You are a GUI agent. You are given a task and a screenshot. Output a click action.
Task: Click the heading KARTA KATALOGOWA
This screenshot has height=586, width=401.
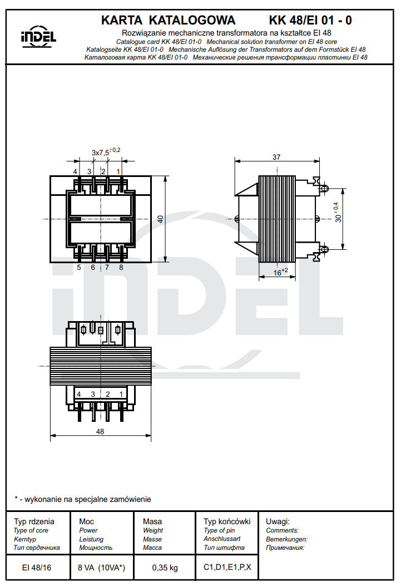point(168,21)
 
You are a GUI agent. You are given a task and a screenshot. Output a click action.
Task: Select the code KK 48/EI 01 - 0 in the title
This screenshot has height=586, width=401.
point(310,21)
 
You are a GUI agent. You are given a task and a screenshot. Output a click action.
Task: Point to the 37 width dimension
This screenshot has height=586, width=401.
point(276,157)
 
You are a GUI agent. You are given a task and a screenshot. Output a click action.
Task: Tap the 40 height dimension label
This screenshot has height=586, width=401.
point(161,219)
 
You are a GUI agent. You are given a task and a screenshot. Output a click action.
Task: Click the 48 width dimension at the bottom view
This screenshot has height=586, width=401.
point(100,431)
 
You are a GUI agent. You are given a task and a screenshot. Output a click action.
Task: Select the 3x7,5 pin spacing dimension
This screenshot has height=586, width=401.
point(105,151)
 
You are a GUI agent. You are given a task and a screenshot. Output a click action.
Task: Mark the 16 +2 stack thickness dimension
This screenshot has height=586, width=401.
point(280,272)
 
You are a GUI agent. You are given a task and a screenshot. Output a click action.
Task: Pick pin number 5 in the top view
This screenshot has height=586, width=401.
point(79,267)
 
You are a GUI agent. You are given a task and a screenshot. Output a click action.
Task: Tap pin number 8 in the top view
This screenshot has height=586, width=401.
point(121,267)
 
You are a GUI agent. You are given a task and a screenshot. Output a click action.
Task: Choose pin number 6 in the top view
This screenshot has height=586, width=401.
point(93,267)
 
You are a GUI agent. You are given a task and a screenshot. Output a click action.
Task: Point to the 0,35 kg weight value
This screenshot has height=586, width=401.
point(165,568)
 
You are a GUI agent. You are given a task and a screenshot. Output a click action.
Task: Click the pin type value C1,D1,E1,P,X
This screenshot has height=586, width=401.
point(227,568)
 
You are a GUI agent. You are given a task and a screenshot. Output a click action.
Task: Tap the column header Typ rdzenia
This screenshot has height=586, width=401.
point(34,521)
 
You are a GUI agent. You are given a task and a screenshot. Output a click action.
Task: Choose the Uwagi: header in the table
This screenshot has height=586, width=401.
point(278,521)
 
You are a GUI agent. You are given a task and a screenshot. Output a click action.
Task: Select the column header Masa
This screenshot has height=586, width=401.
point(152,521)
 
